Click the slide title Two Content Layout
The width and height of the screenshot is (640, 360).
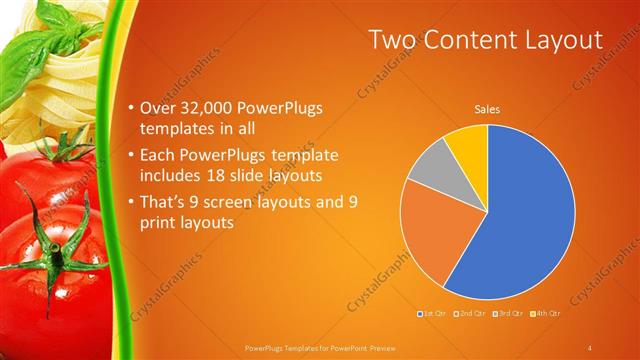[x=485, y=40]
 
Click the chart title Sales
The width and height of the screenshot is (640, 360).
[x=487, y=109]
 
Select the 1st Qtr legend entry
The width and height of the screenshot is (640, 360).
[x=432, y=315]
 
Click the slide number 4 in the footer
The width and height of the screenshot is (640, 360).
[x=590, y=347]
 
